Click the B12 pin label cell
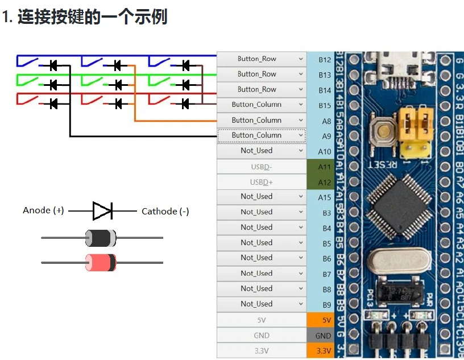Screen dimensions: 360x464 pyautogui.click(x=324, y=59)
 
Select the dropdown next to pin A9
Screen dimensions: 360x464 pyautogui.click(x=262, y=135)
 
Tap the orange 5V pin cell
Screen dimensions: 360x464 pyautogui.click(x=323, y=320)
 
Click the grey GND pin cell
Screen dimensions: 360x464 pyautogui.click(x=323, y=336)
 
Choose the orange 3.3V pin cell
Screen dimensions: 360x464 pyautogui.click(x=323, y=351)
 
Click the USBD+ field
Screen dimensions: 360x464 pyautogui.click(x=262, y=182)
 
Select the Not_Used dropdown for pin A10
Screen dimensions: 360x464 pyautogui.click(x=262, y=151)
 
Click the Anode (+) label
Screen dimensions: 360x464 pyautogui.click(x=43, y=210)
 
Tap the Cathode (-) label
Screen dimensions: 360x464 pyautogui.click(x=165, y=211)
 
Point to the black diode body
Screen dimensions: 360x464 pyautogui.click(x=101, y=238)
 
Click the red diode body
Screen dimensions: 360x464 pyautogui.click(x=101, y=262)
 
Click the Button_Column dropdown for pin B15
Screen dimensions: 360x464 pyautogui.click(x=262, y=105)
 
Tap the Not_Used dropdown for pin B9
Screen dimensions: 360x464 pyautogui.click(x=262, y=304)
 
